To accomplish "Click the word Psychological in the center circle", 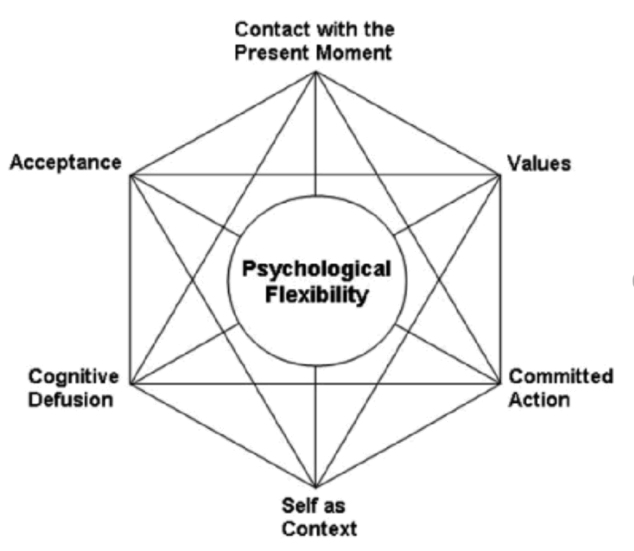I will pos(316,270).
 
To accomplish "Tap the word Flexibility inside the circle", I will pos(316,295).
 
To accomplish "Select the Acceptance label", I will pos(65,163).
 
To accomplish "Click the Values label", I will pos(539,163).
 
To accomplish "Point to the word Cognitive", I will pos(74,376).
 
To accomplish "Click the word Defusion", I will pos(71,399).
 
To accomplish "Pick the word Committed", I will pos(561,376).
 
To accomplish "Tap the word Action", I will pos(539,399).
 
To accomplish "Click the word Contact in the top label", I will pos(271,29).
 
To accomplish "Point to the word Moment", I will pos(354,53).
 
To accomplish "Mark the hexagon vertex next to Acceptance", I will pos(131,175).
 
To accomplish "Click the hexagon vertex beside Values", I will pos(500,175).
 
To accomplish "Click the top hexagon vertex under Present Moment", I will pos(316,72).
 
